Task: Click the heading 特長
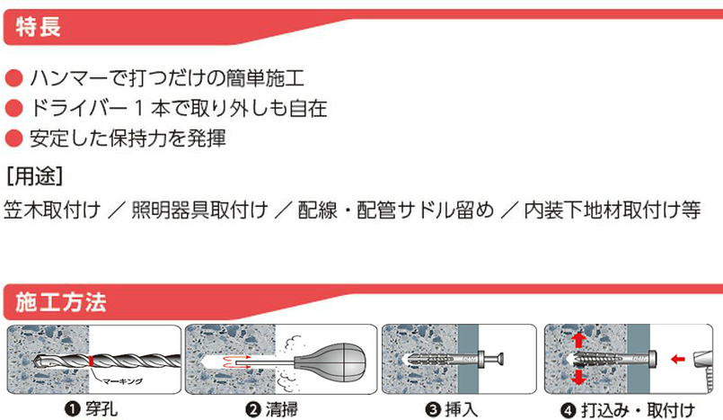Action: (39, 26)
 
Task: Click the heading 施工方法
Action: (61, 302)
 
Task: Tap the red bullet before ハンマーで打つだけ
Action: (13, 78)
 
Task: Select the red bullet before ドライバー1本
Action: (13, 109)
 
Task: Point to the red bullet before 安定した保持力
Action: (13, 139)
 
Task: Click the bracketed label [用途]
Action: (35, 176)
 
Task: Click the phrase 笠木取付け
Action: (52, 210)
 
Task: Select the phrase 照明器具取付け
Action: (199, 210)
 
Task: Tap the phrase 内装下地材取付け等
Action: (613, 210)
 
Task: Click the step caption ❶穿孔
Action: (92, 409)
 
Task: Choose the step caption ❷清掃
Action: (271, 409)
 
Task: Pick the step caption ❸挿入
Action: (452, 409)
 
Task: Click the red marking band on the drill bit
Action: (92, 361)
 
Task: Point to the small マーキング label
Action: (122, 381)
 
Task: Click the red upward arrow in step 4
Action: (578, 341)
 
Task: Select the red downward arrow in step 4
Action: (578, 377)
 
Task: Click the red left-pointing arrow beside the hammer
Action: (678, 359)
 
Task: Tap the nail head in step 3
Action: (500, 358)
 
